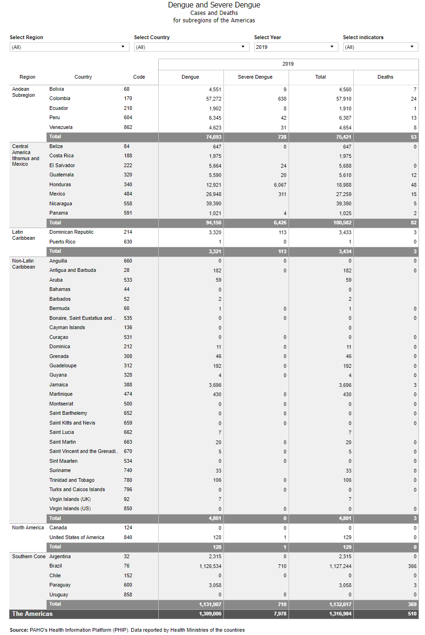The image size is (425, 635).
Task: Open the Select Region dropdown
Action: coord(69,47)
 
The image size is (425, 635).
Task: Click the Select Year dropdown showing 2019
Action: coord(296,47)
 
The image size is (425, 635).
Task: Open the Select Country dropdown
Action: coord(190,47)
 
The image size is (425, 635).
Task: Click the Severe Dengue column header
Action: coord(255,77)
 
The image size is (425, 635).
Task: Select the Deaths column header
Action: coord(385,77)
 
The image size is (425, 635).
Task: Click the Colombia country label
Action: coord(60,99)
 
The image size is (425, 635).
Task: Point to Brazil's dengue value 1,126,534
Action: coord(211,567)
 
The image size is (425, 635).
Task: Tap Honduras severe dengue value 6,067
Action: coord(280,185)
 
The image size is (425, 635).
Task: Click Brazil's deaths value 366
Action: coord(412,567)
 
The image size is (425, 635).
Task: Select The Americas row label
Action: coord(33,614)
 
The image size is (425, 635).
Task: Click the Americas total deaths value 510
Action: coord(412,614)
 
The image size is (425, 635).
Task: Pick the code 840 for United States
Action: coord(128,538)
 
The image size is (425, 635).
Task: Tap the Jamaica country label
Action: coord(59,385)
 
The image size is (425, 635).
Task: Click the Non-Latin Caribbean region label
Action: coord(24,264)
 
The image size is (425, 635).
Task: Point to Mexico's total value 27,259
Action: coord(344,194)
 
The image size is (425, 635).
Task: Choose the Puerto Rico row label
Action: coord(62,242)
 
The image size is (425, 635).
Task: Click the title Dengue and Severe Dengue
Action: coord(214,5)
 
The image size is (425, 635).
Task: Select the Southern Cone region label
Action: coord(29,557)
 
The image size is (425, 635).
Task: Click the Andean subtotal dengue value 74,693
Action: coord(214,137)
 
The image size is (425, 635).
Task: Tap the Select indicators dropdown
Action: coord(380,47)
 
